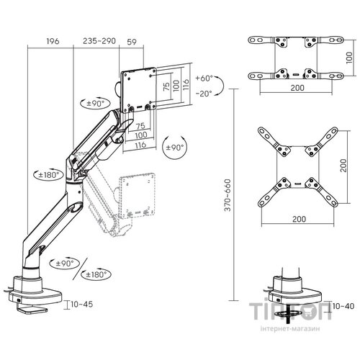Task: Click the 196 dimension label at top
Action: tap(53, 41)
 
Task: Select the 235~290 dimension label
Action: tap(99, 41)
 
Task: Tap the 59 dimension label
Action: tap(132, 42)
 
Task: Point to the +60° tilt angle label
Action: tap(204, 78)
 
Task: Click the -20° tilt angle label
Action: tap(204, 94)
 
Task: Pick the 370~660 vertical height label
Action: tap(228, 195)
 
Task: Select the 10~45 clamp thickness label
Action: tap(82, 305)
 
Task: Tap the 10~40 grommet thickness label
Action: tap(343, 306)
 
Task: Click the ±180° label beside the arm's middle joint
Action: tap(49, 174)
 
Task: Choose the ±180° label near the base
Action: tap(96, 274)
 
